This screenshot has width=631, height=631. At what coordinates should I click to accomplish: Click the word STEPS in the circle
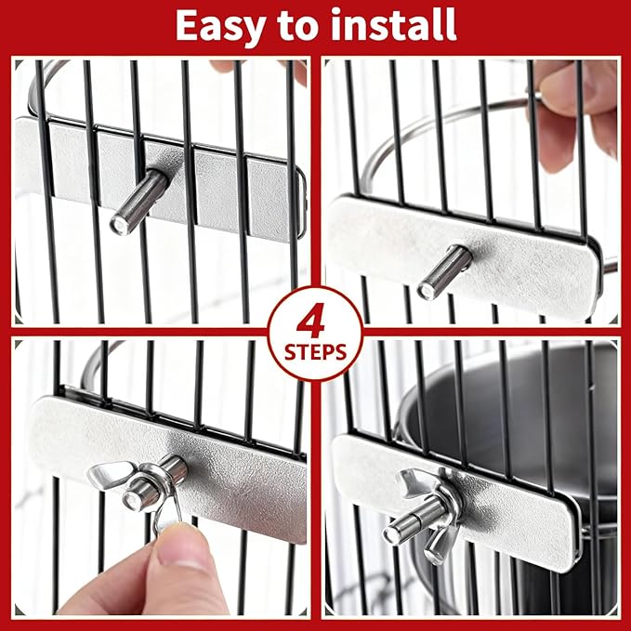coord(316,353)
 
